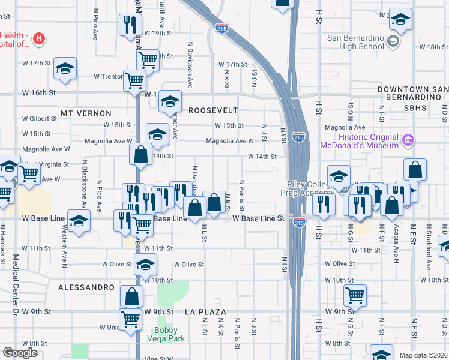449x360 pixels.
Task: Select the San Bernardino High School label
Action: [355, 42]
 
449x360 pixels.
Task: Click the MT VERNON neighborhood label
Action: [86, 113]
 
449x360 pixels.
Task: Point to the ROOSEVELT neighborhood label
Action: [213, 110]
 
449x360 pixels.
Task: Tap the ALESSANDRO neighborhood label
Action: [86, 287]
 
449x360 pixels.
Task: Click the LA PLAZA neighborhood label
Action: [205, 312]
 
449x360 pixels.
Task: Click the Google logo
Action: [20, 353]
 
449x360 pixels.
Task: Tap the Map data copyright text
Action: [423, 355]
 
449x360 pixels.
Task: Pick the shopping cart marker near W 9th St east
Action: [355, 294]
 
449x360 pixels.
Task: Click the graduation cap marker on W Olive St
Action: [145, 263]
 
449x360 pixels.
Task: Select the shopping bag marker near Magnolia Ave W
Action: [140, 154]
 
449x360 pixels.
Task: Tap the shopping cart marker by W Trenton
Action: [134, 79]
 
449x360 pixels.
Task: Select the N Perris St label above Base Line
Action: [242, 195]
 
